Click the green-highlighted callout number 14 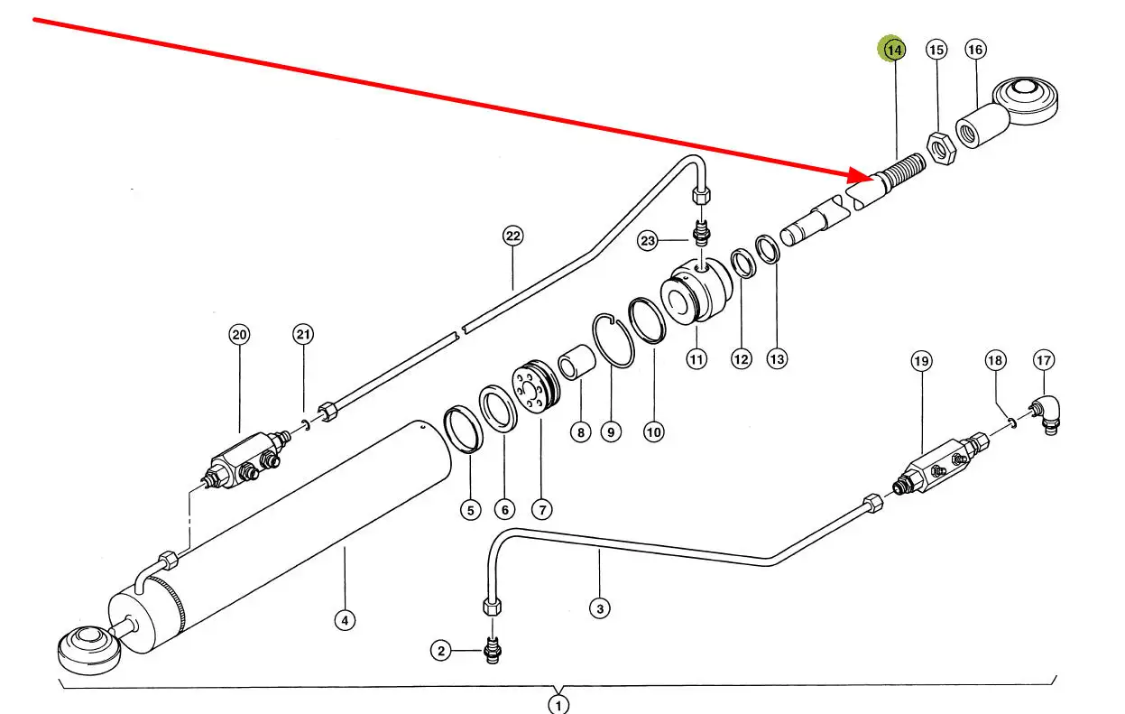893,50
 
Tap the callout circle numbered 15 936,50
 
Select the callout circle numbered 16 975,50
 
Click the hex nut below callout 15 941,148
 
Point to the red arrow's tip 875,178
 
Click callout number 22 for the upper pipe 512,236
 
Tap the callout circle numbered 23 648,241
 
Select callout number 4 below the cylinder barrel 345,620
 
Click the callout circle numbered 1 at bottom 558,704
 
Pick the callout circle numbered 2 441,651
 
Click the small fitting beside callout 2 493,650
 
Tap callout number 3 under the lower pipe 600,609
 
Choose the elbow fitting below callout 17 1046,415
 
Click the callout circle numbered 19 921,361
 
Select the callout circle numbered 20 239,335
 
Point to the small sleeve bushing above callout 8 577,362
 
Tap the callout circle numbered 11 696,359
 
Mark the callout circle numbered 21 303,334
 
